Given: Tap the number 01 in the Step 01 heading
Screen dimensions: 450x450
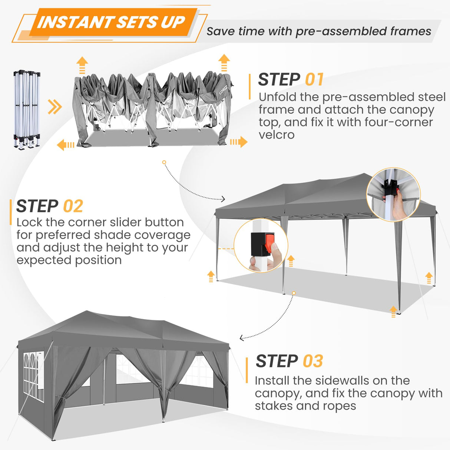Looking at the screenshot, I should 314,80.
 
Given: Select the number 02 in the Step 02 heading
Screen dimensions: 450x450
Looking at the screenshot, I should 73,206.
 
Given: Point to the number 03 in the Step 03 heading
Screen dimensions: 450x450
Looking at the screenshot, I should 313,361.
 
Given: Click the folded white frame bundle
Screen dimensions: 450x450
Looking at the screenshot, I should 27,109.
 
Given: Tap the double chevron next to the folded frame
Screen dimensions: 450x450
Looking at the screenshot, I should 55,107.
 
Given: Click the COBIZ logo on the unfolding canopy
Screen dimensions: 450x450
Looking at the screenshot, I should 223,90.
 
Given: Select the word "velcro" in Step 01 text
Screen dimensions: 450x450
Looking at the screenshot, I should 277,135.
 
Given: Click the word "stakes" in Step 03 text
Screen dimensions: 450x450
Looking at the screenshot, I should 274,406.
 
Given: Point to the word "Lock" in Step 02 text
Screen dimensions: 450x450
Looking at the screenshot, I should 29,222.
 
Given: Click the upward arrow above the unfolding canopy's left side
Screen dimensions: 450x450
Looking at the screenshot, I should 82,65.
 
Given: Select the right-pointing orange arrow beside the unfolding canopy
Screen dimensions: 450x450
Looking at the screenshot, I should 239,142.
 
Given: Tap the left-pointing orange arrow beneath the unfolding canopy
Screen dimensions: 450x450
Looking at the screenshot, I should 66,145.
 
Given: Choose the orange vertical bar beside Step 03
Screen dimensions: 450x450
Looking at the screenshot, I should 247,370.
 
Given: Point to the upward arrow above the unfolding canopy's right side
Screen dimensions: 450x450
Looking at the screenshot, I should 224,62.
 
